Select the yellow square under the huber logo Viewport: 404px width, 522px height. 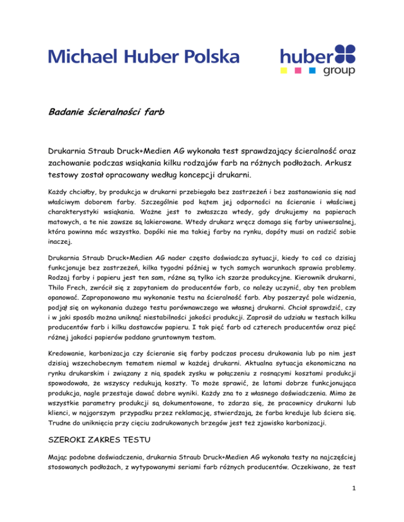284,70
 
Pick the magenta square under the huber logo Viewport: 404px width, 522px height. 298,70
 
